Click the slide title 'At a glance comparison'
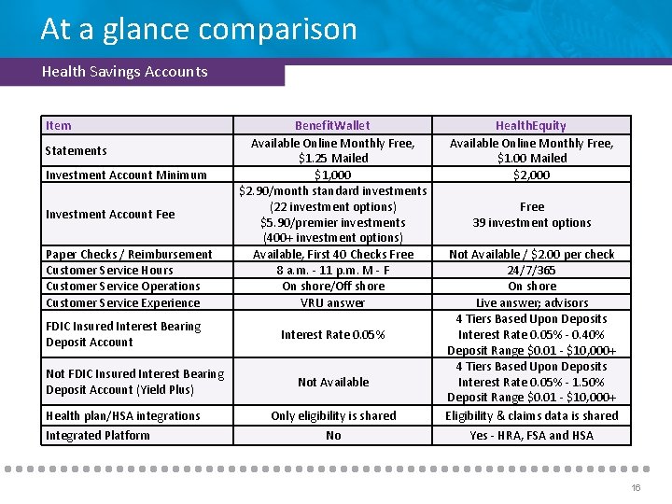[x=199, y=29]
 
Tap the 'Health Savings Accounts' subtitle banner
[x=125, y=72]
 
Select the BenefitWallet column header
[x=332, y=125]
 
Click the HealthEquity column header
[x=531, y=125]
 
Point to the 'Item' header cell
[x=58, y=125]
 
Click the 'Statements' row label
[x=76, y=150]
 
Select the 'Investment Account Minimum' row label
[x=126, y=175]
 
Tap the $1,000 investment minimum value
[x=332, y=175]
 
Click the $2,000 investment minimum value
[x=531, y=175]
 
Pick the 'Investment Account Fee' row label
[x=110, y=214]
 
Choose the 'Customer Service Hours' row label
[x=109, y=270]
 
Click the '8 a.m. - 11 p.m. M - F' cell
[x=332, y=270]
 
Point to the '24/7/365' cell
[x=531, y=270]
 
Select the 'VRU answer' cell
[x=332, y=302]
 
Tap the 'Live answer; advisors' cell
[x=531, y=302]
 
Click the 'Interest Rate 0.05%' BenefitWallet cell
[x=332, y=334]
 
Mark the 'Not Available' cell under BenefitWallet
[x=332, y=382]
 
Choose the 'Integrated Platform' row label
[x=97, y=435]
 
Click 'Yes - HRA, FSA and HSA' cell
[x=531, y=435]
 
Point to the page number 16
[x=636, y=488]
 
